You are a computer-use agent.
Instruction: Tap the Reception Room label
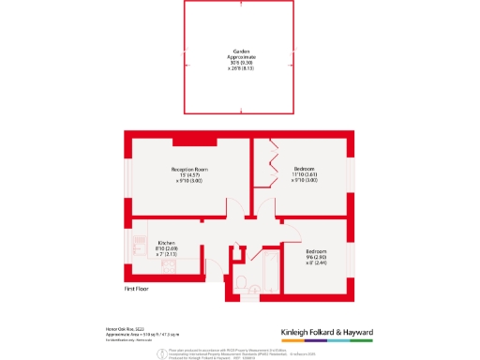[189, 170]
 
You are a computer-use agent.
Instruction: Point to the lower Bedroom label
[316, 250]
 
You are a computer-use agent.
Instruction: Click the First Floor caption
[138, 290]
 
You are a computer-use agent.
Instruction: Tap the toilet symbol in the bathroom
[241, 282]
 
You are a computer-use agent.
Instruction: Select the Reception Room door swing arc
[240, 208]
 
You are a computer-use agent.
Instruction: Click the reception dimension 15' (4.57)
[189, 175]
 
